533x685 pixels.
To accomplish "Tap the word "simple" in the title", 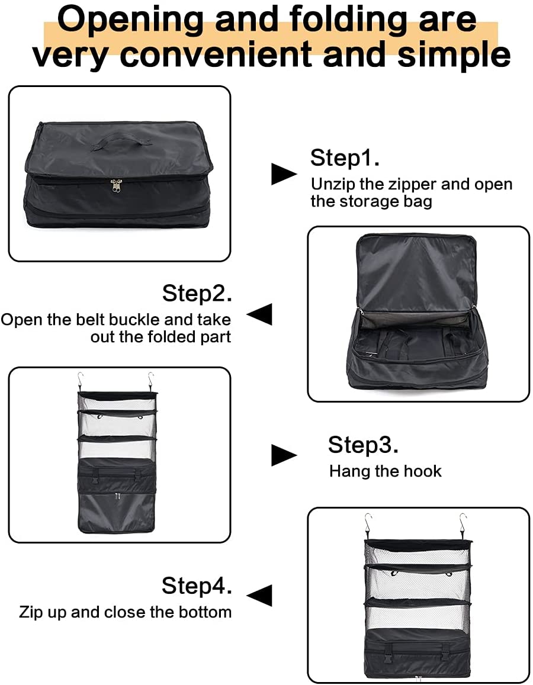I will pyautogui.click(x=454, y=54).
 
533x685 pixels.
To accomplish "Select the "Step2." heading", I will pyautogui.click(x=197, y=293).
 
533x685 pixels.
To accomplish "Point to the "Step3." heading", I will pyautogui.click(x=363, y=445).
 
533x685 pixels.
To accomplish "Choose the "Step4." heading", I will pyautogui.click(x=197, y=586).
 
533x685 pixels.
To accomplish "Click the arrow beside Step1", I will pyautogui.click(x=284, y=173).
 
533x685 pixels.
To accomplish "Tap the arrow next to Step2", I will pyautogui.click(x=259, y=314).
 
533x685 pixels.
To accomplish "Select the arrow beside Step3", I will pyautogui.click(x=284, y=455).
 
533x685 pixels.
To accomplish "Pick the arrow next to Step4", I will pyautogui.click(x=259, y=595).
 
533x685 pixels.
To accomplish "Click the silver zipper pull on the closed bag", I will pyautogui.click(x=115, y=187).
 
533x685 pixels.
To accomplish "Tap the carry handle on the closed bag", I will pyautogui.click(x=116, y=141).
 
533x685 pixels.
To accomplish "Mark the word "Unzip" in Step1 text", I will pyautogui.click(x=333, y=184).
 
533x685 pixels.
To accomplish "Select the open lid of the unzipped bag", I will pyautogui.click(x=418, y=269).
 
